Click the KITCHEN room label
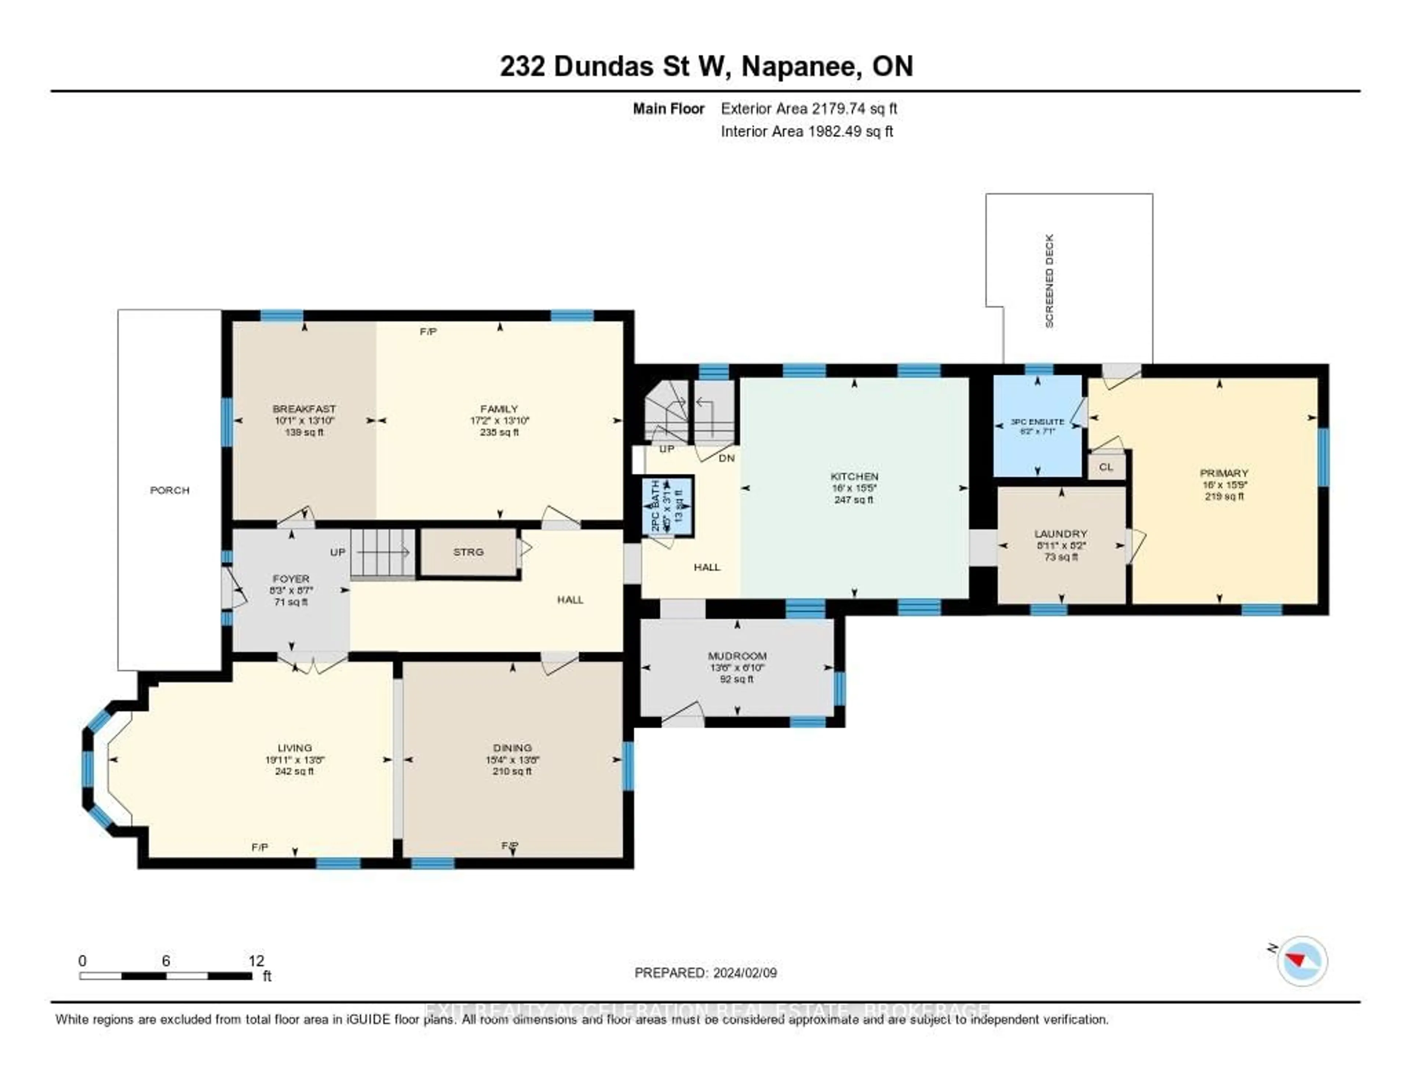click(x=854, y=476)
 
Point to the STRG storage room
click(x=468, y=552)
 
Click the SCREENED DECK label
click(x=1049, y=281)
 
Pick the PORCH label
click(x=170, y=490)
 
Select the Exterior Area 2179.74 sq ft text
click(x=809, y=108)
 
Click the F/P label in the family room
click(x=428, y=331)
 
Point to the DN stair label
click(x=727, y=458)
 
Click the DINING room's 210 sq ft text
click(x=512, y=771)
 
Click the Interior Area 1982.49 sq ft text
click(x=807, y=131)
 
